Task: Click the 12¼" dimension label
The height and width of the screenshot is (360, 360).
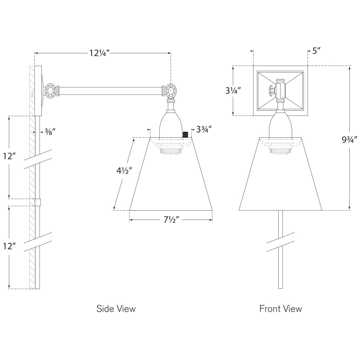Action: [x=99, y=53]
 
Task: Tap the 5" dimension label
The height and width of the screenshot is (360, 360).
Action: [x=316, y=51]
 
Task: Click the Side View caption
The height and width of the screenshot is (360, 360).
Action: [x=116, y=308]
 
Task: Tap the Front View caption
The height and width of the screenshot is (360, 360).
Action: [x=281, y=308]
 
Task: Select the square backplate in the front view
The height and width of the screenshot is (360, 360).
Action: [x=280, y=91]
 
